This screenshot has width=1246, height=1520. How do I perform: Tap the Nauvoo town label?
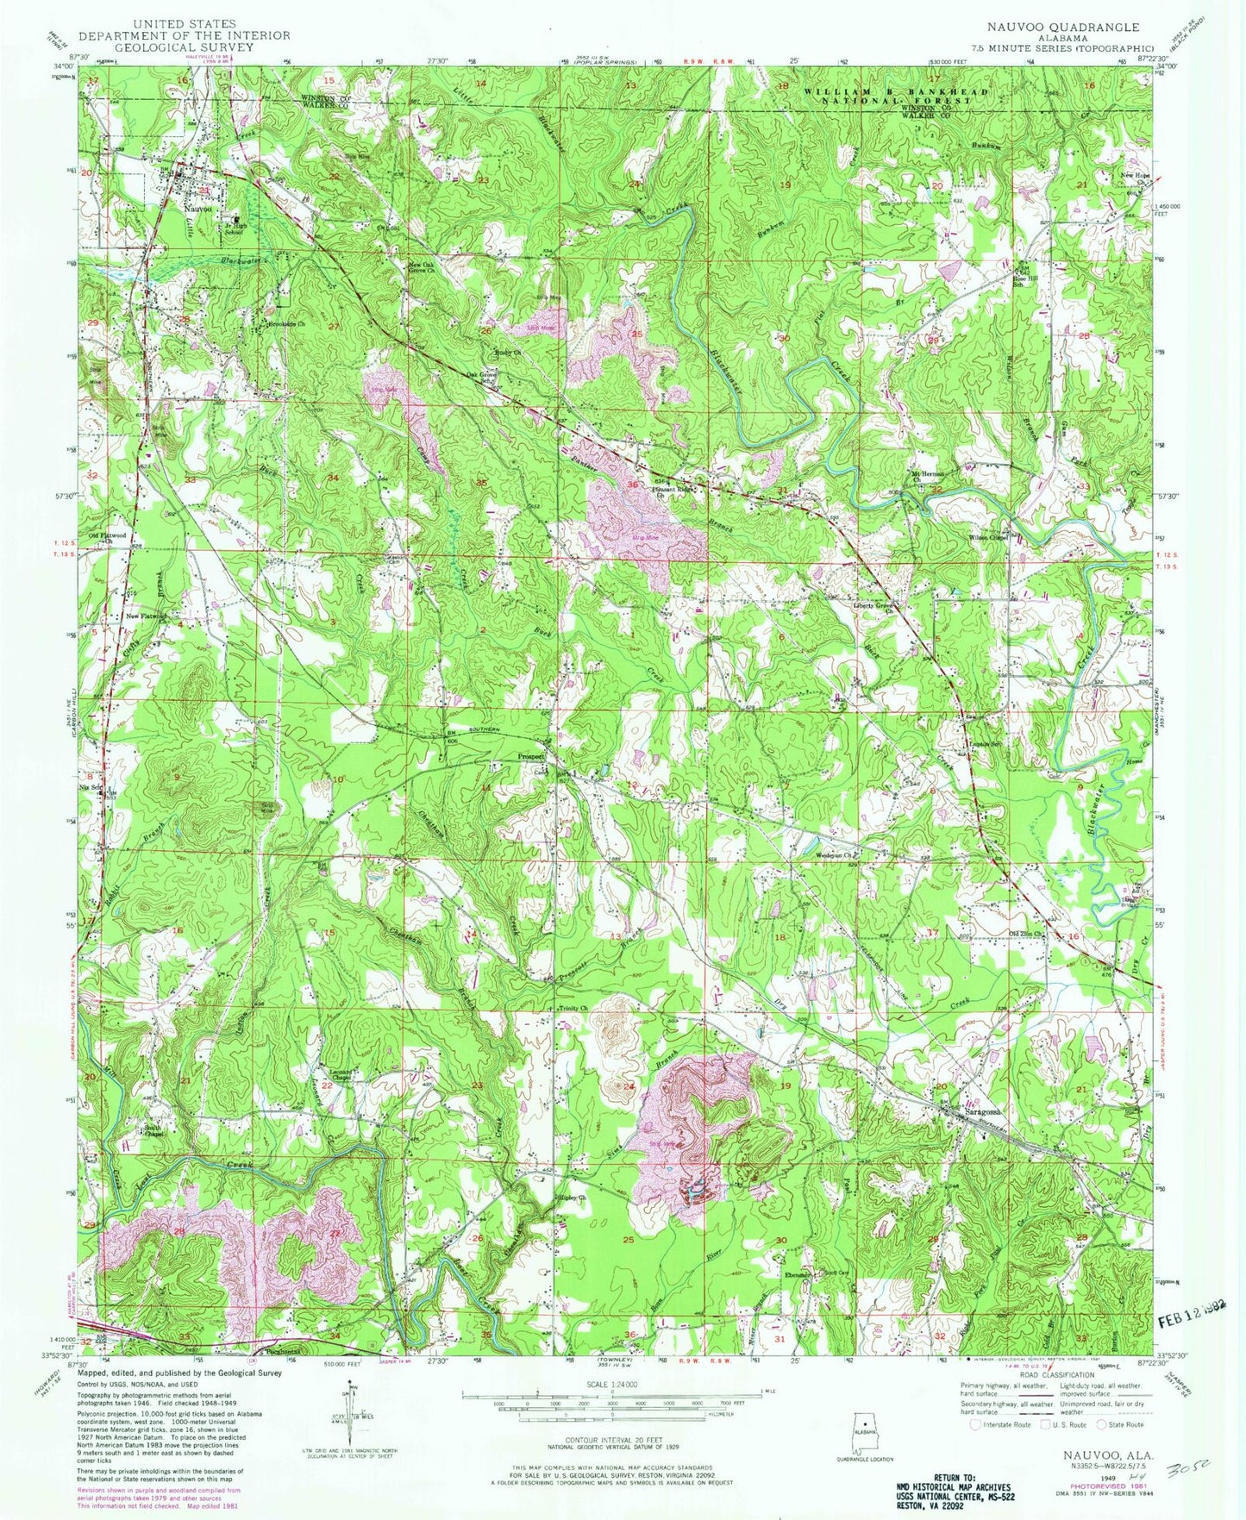point(197,208)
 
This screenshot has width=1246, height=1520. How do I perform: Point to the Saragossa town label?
point(985,1111)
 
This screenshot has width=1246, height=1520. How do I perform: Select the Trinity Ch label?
point(573,1008)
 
